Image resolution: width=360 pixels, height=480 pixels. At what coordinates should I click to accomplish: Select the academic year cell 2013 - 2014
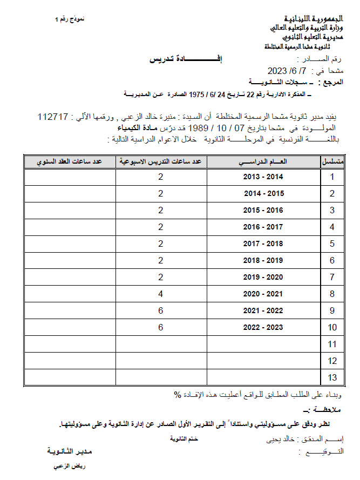tap(263, 177)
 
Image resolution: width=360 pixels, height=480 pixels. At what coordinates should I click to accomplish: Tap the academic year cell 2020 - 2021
tap(263, 294)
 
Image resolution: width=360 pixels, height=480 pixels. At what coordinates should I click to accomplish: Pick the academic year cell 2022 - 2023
tap(263, 328)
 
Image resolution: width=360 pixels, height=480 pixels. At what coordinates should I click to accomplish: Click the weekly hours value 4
tap(160, 294)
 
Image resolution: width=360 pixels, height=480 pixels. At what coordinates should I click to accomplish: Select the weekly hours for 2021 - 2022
tap(160, 311)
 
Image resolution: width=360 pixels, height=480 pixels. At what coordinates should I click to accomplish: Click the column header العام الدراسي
tap(263, 161)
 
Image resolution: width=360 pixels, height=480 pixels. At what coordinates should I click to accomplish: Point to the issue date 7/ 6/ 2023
tap(287, 71)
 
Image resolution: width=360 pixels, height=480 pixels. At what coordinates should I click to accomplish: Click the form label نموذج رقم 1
tap(70, 19)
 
